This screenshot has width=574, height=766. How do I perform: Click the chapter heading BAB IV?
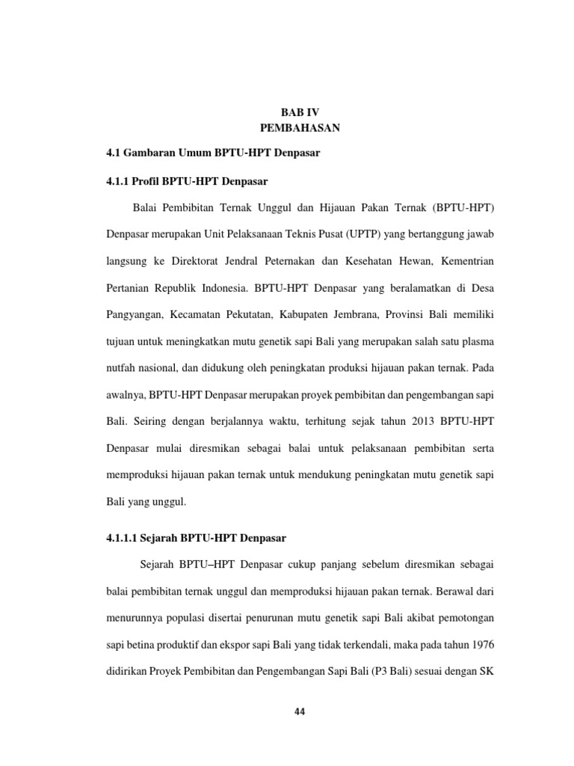[x=300, y=111]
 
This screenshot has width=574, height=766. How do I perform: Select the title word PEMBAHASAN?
[x=300, y=128]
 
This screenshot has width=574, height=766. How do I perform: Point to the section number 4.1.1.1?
[x=124, y=538]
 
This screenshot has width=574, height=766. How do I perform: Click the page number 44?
[x=300, y=711]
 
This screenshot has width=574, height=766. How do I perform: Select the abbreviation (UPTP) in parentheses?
[x=364, y=234]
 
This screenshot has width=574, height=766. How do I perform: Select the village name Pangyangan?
[x=135, y=314]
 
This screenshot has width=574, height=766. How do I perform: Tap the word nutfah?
[x=121, y=367]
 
